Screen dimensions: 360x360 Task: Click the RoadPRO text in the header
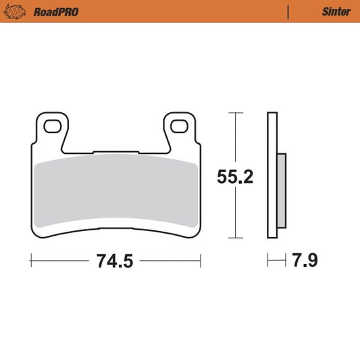coord(49,11)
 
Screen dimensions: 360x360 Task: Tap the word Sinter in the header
coord(336,11)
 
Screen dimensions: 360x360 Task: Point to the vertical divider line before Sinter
coord(288,11)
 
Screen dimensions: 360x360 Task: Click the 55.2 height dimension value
coord(234,177)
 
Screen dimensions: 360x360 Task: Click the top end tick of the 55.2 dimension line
coord(234,112)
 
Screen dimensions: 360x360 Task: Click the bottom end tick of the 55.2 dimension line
coord(234,238)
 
